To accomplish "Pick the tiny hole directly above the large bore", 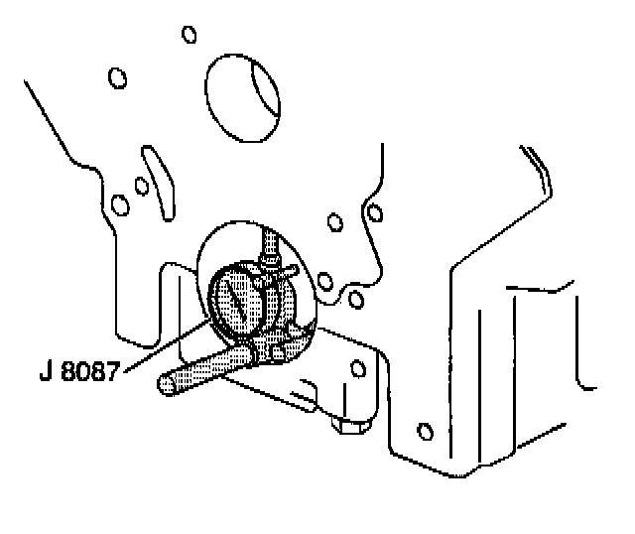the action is [x=190, y=34].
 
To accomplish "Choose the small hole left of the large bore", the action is [x=116, y=76].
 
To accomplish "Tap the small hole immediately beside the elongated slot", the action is [x=141, y=185].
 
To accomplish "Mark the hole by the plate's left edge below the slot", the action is [x=121, y=205].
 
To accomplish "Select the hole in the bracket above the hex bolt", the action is [x=354, y=369].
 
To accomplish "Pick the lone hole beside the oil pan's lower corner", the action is [x=426, y=431].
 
